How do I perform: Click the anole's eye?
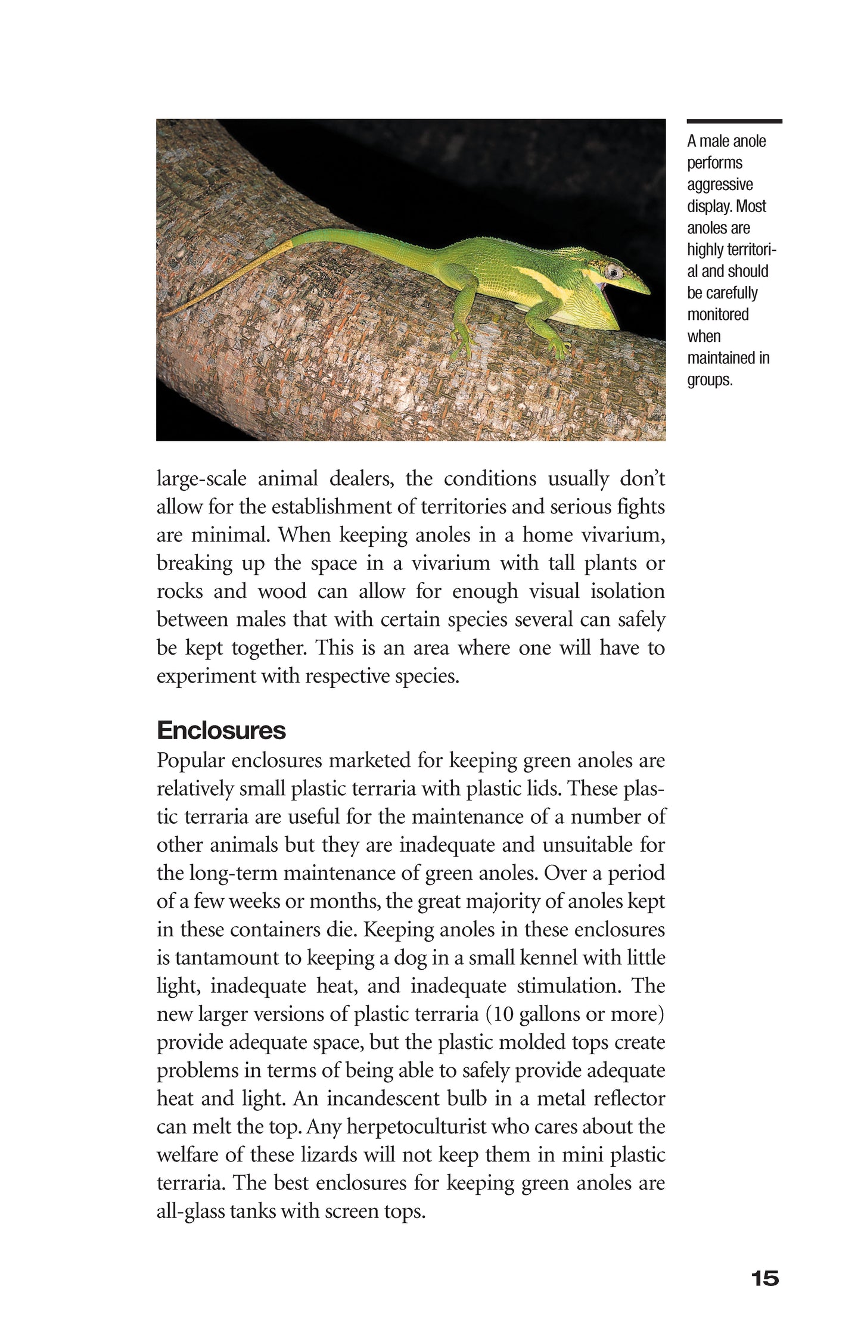coord(613,272)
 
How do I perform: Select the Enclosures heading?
coord(221,730)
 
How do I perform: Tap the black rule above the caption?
coord(734,122)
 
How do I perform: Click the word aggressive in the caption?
coord(720,185)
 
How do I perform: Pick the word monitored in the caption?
coord(718,314)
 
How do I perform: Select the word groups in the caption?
coord(709,379)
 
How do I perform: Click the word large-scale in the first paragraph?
coord(201,479)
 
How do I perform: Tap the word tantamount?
coord(238,958)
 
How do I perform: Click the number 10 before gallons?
coord(503,1014)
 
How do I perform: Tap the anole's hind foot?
coord(464,347)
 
